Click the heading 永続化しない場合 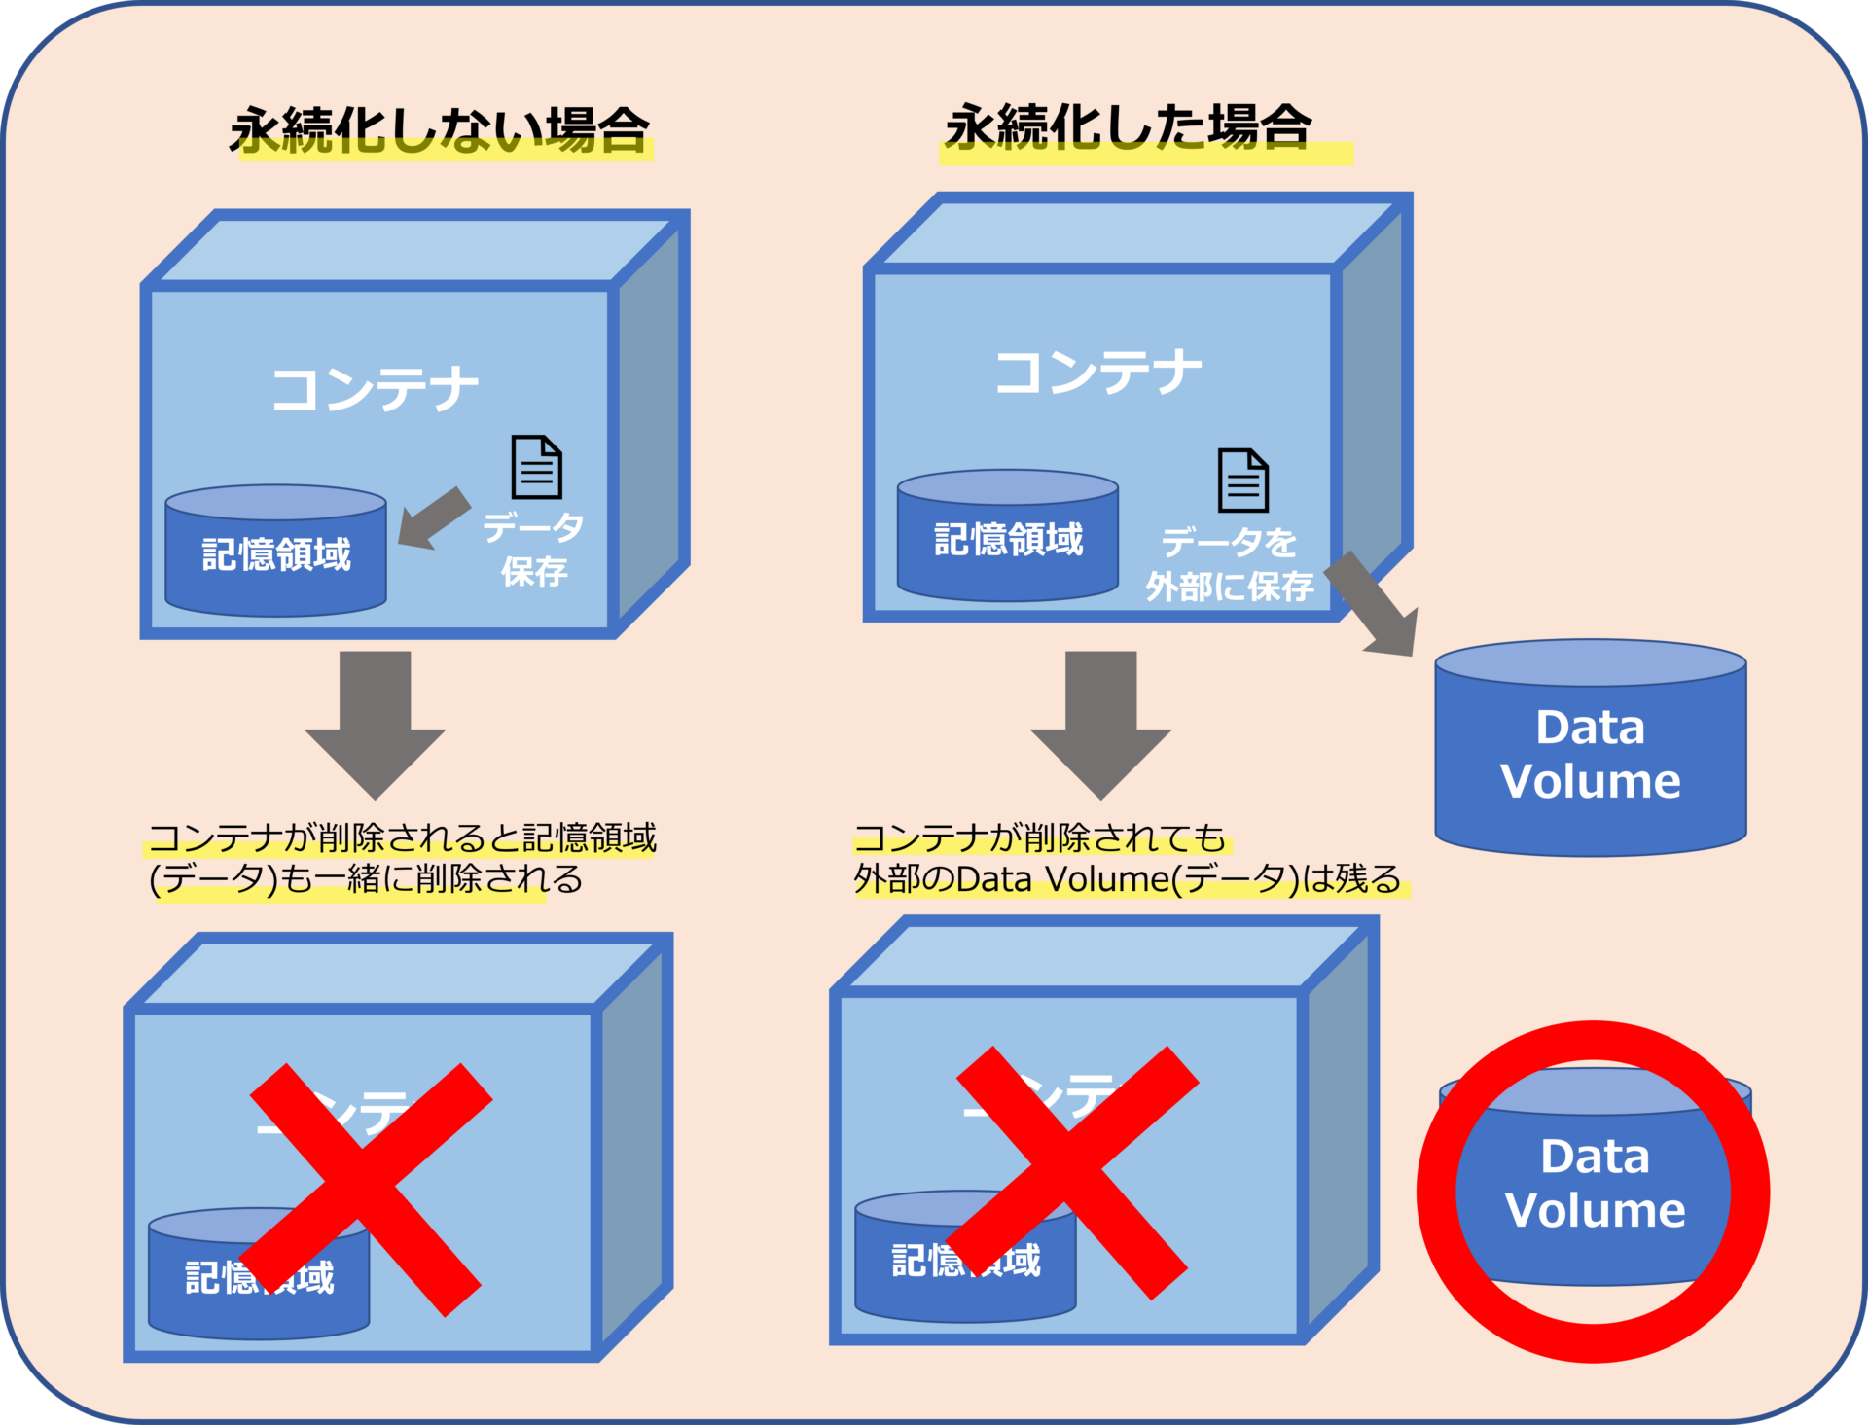click(x=440, y=128)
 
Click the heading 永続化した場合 click(x=1129, y=126)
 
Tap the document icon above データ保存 click(x=537, y=467)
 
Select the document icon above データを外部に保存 click(x=1243, y=481)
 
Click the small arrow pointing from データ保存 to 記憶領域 click(x=434, y=518)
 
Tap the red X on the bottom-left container click(x=370, y=1190)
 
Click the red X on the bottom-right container click(x=1071, y=1173)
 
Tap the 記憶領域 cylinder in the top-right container click(x=1008, y=539)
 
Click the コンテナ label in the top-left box click(x=375, y=389)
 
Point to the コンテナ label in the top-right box click(x=1097, y=373)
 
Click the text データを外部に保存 click(x=1230, y=564)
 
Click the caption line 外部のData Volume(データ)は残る click(x=1127, y=879)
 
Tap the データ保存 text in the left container click(x=534, y=550)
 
